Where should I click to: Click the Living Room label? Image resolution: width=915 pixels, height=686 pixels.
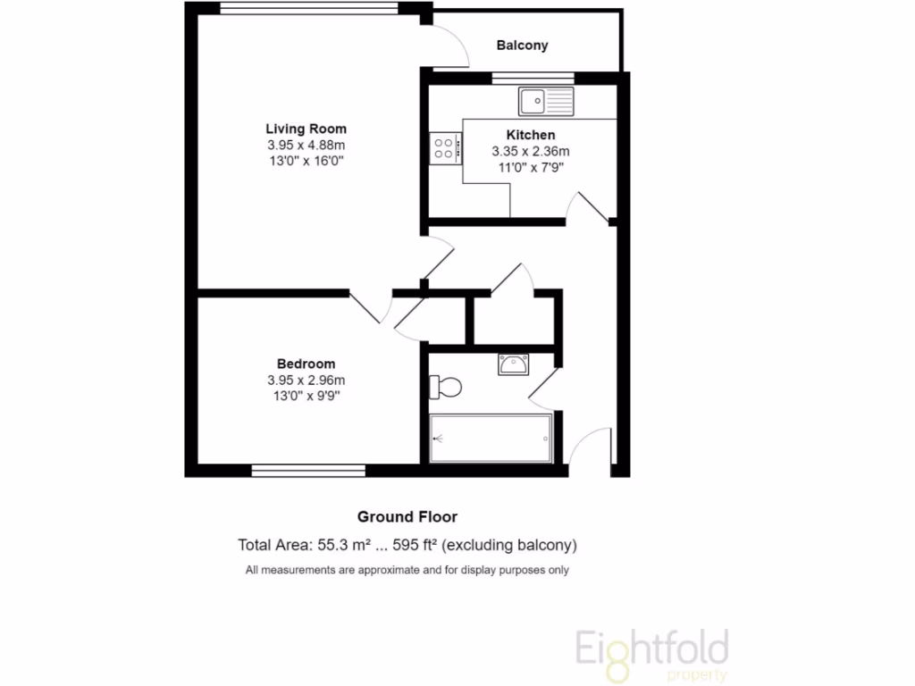306,129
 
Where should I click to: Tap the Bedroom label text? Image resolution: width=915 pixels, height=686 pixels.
306,364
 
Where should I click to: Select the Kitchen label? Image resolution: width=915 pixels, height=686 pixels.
531,135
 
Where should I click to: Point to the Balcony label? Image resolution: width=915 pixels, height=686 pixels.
522,45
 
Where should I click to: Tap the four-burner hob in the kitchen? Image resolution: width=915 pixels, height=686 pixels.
445,147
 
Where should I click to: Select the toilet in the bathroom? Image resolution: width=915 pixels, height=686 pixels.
445,388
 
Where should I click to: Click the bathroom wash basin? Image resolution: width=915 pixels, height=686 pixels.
514,364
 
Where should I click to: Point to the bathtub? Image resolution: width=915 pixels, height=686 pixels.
491,439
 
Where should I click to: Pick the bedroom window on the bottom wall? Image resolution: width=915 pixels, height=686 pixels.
308,470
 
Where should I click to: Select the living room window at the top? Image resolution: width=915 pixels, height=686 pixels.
309,8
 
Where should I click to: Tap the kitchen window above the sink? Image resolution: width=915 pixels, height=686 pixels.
533,78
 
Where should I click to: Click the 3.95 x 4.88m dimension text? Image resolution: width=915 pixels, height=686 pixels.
306,145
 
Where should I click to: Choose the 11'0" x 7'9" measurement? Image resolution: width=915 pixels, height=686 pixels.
531,167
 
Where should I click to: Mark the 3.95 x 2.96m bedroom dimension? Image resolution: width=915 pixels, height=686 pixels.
306,380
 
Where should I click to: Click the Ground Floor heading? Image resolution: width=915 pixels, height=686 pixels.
407,516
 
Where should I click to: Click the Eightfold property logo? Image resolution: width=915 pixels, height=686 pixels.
651,651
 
